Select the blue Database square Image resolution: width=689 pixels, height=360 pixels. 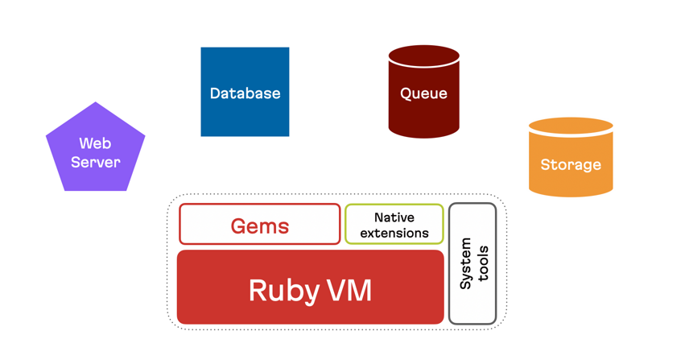pyautogui.click(x=245, y=92)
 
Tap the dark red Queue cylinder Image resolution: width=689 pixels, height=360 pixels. pyautogui.click(x=423, y=93)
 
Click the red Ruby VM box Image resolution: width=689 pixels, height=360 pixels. pyautogui.click(x=310, y=288)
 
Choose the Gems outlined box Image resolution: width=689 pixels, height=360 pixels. pyautogui.click(x=259, y=225)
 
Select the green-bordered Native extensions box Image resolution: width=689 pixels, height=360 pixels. pyautogui.click(x=394, y=225)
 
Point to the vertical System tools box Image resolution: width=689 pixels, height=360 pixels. pyautogui.click(x=472, y=263)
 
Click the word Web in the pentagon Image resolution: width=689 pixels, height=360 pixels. pyautogui.click(x=95, y=143)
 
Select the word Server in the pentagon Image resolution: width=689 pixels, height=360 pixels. pyautogui.click(x=95, y=162)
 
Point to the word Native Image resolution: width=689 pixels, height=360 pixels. pyautogui.click(x=394, y=217)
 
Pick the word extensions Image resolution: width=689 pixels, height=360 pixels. pyautogui.click(x=394, y=234)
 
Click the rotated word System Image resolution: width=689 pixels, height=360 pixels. pyautogui.click(x=466, y=263)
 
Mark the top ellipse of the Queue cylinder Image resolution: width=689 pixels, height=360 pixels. pyautogui.click(x=423, y=56)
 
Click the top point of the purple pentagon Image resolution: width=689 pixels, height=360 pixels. pyautogui.click(x=96, y=104)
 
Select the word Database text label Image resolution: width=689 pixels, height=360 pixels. pyautogui.click(x=245, y=93)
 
